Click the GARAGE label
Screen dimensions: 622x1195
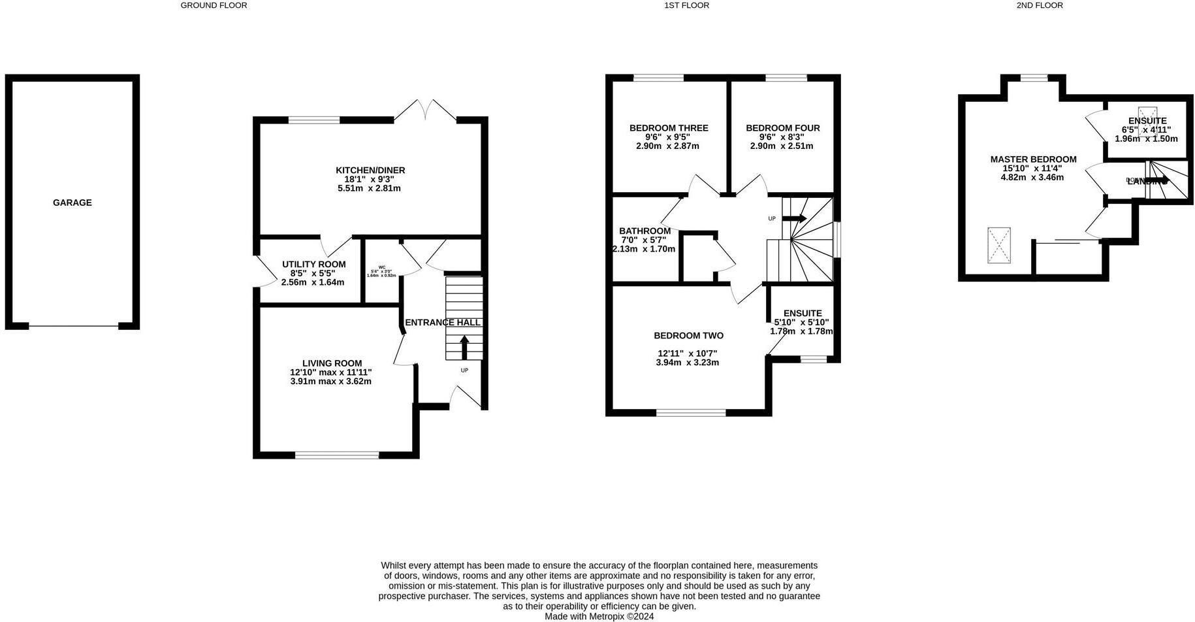point(72,203)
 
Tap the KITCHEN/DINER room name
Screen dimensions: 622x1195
point(370,171)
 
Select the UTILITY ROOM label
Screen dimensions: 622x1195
point(313,265)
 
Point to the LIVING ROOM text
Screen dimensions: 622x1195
point(332,363)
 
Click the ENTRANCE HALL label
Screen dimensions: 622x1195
point(442,323)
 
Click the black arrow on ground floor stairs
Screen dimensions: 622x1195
point(464,347)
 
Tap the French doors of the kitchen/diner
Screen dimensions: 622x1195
point(425,109)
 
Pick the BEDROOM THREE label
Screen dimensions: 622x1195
point(668,128)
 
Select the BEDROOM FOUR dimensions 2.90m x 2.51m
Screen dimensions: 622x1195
point(782,146)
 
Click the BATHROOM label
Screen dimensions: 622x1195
point(645,231)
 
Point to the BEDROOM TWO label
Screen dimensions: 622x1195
point(688,336)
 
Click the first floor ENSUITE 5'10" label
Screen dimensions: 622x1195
point(802,314)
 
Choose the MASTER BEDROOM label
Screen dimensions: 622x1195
point(1033,159)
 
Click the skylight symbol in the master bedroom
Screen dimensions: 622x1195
point(998,245)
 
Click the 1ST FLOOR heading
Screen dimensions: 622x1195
point(686,5)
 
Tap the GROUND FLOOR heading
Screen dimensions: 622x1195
point(214,5)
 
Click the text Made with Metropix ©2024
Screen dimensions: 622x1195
point(599,616)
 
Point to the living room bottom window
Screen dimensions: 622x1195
point(336,455)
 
